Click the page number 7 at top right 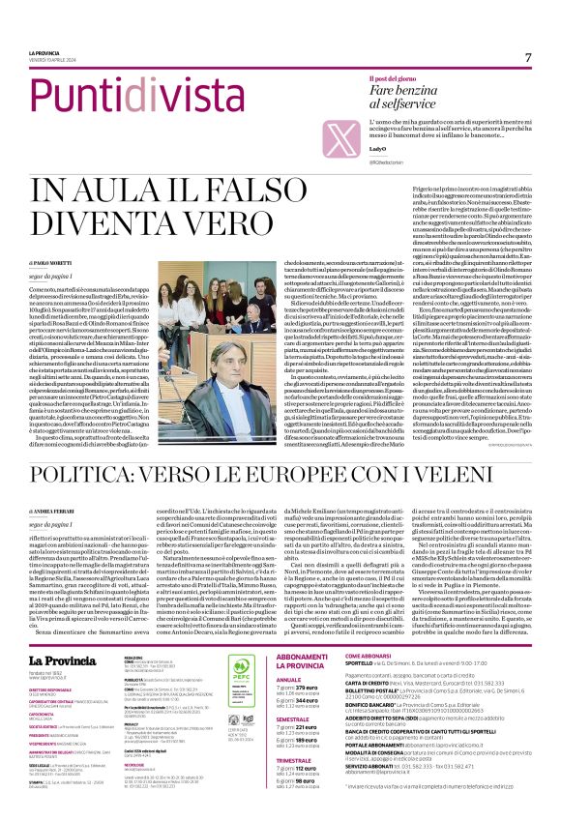528,57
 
